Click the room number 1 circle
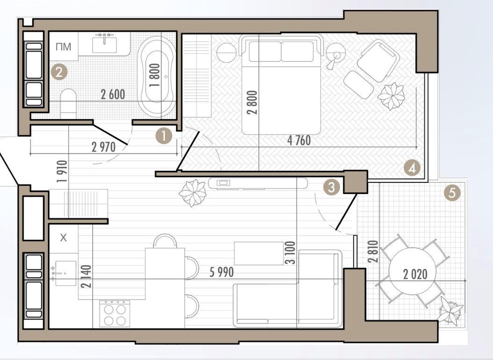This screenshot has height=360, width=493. pos(164,136)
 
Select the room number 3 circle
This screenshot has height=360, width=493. pos(331,188)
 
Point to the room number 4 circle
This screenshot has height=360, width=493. pos(412,168)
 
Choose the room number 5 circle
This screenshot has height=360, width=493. pos(452,193)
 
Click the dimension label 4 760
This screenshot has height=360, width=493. pos(299,140)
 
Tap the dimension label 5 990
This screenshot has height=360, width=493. pos(222,273)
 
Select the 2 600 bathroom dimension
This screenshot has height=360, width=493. pos(113,94)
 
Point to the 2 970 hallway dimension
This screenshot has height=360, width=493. pos(104,147)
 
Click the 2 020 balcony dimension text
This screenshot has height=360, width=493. pos(415,274)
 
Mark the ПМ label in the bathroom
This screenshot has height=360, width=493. pos(63,47)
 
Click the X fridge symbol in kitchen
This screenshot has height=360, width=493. pos(64,238)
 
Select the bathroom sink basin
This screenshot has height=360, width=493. pos(104,45)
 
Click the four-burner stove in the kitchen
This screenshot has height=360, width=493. pos(115,314)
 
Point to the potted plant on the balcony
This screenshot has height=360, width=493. pos(451,311)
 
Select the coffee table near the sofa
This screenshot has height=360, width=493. pos(259,253)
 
